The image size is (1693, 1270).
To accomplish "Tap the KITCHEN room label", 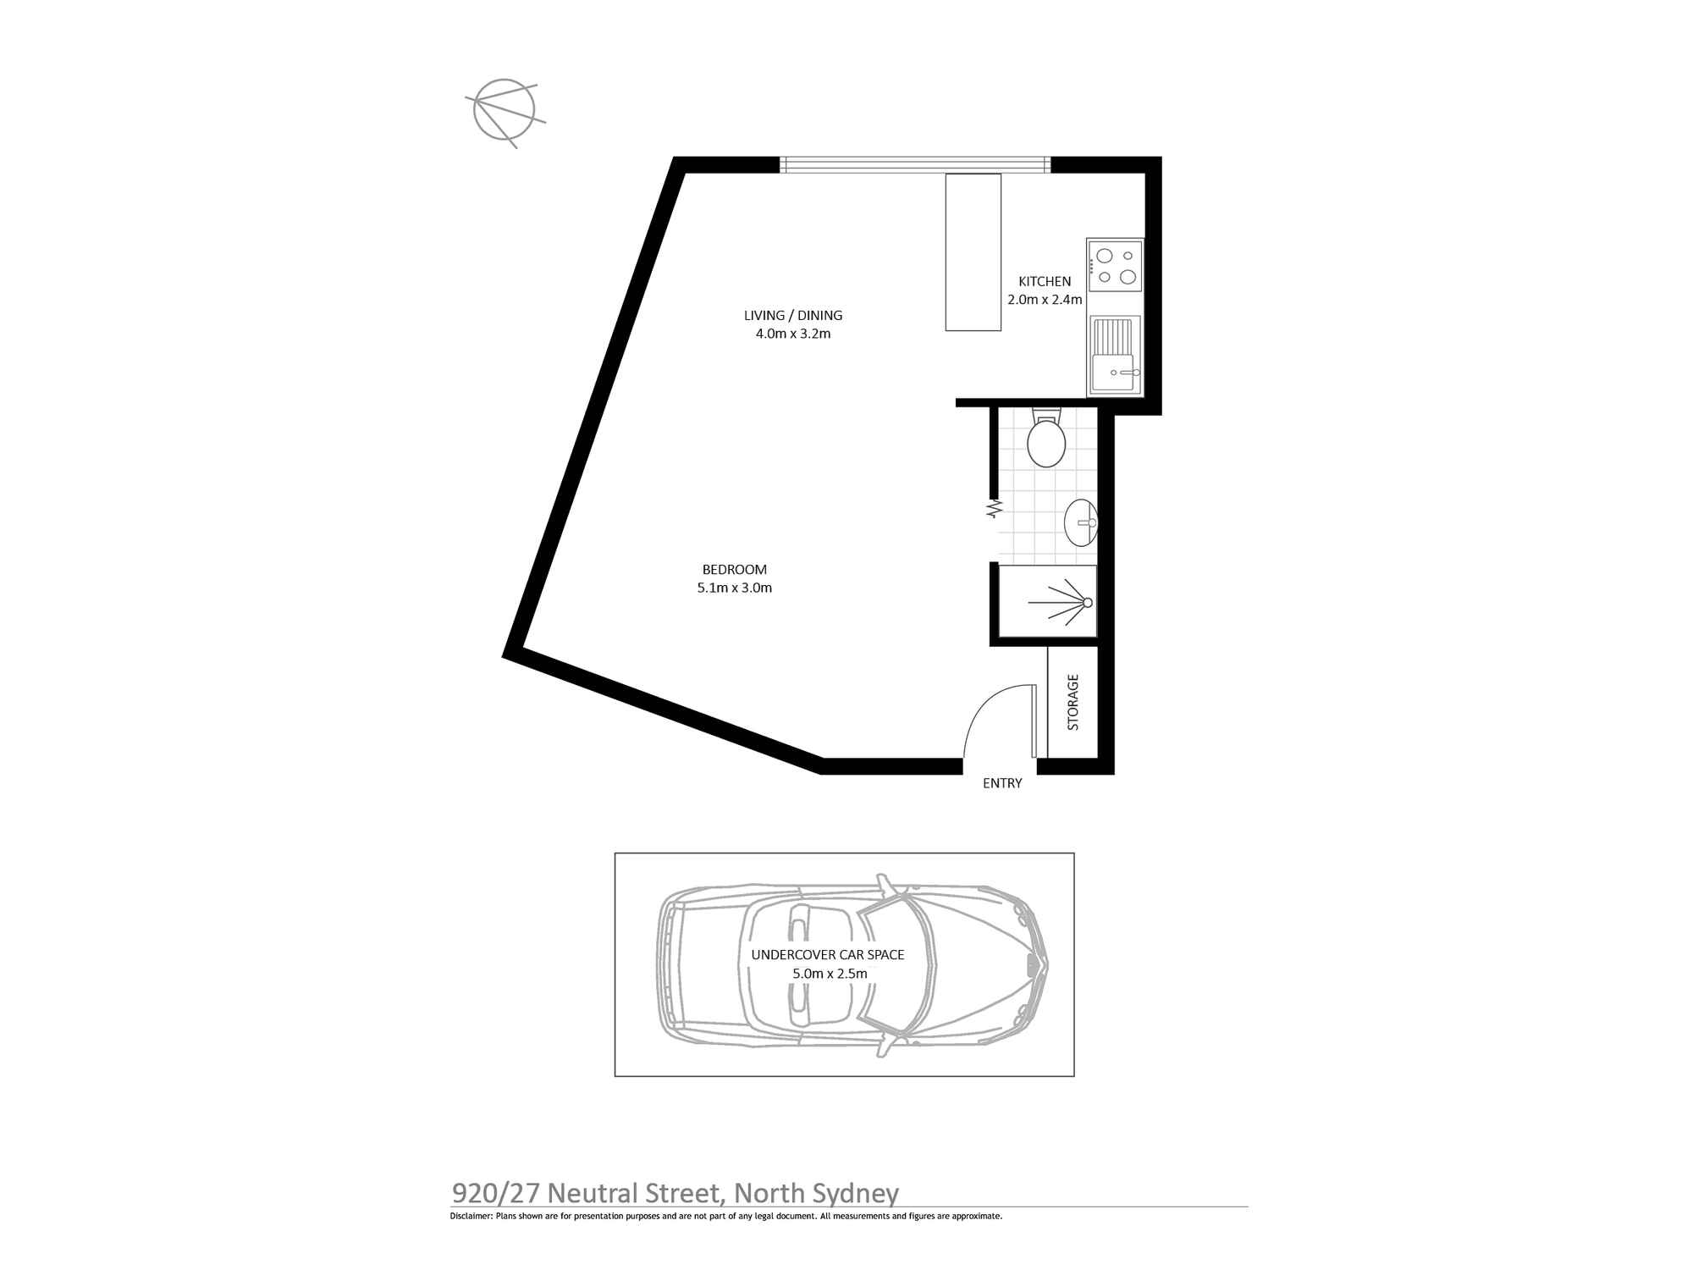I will pyautogui.click(x=1045, y=281).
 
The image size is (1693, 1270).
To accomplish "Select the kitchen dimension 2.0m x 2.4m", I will pyautogui.click(x=1045, y=300).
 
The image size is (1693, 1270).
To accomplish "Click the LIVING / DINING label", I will pyautogui.click(x=793, y=315).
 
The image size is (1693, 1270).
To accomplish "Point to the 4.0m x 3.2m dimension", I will pyautogui.click(x=793, y=334).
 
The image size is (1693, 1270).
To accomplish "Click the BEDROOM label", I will pyautogui.click(x=735, y=570).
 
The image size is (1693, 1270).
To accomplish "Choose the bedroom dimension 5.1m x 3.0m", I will pyautogui.click(x=735, y=588).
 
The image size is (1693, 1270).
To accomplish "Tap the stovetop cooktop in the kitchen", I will pyautogui.click(x=1115, y=266).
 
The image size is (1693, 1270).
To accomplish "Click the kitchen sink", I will pyautogui.click(x=1115, y=356).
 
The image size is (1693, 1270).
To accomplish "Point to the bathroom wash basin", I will pyautogui.click(x=1081, y=522).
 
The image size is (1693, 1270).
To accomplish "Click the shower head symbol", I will pyautogui.click(x=1087, y=603).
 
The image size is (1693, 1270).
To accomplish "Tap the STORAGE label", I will pyautogui.click(x=1073, y=702).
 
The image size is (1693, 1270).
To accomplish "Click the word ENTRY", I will pyautogui.click(x=1002, y=784).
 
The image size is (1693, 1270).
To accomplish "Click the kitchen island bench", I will pyautogui.click(x=973, y=251).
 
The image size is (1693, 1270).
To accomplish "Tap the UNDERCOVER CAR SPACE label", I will pyautogui.click(x=828, y=955).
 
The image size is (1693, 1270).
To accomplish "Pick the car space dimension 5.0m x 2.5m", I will pyautogui.click(x=830, y=974).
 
